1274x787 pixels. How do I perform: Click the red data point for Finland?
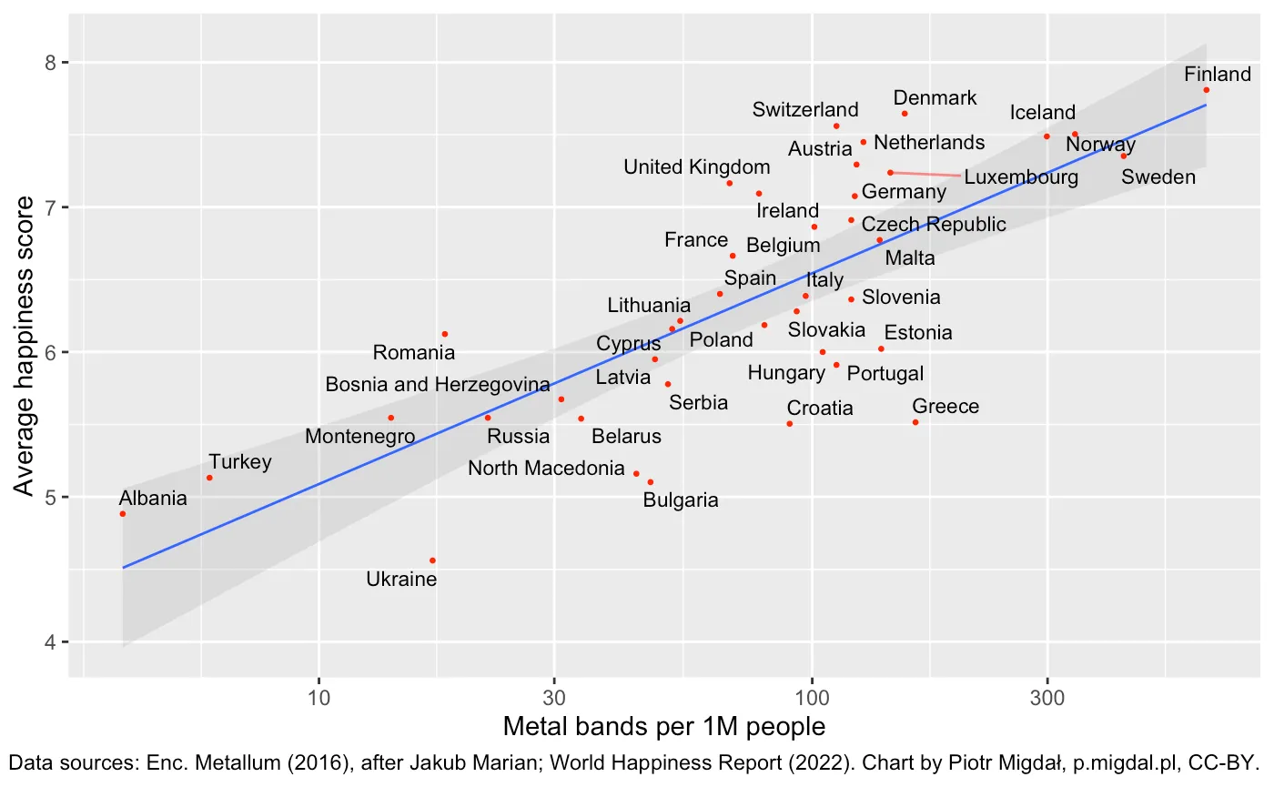[x=1206, y=90]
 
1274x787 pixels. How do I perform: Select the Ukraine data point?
[x=432, y=560]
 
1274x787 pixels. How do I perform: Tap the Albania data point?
[x=123, y=514]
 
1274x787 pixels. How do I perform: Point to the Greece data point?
[x=915, y=422]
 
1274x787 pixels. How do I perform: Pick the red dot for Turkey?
[x=209, y=478]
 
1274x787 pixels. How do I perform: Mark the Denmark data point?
[x=905, y=114]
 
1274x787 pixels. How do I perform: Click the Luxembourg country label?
[x=1021, y=177]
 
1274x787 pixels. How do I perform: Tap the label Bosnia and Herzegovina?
[x=438, y=385]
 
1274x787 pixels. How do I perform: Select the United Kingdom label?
[x=697, y=167]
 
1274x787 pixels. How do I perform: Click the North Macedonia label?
[x=546, y=469]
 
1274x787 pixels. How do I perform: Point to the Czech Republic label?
[x=934, y=224]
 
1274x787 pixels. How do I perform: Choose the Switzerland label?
[x=805, y=110]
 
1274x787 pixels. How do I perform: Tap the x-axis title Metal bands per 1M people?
[x=664, y=727]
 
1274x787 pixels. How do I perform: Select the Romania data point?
[x=444, y=334]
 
